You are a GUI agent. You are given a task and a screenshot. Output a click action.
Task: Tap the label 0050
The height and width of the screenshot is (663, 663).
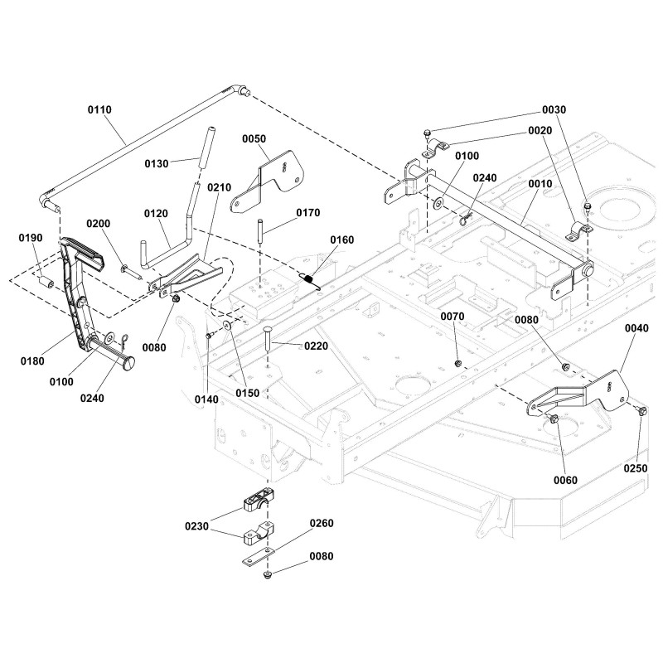(254, 138)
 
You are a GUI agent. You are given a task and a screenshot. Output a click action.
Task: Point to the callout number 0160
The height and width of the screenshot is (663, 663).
(341, 240)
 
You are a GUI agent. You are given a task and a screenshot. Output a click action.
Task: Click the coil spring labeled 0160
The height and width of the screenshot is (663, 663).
(309, 280)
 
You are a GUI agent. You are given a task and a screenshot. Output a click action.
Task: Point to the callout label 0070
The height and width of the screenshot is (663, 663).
(452, 317)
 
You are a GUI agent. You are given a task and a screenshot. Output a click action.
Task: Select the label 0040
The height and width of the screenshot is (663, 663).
(636, 327)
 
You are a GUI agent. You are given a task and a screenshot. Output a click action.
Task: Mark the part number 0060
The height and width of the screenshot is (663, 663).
(567, 480)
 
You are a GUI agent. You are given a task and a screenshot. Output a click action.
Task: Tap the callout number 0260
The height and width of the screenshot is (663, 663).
(322, 523)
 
